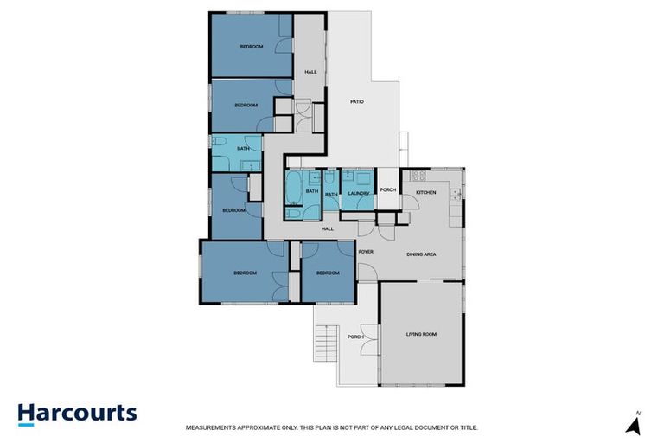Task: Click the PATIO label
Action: pos(356,102)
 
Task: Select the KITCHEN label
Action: pos(426,191)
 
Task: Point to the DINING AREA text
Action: pos(421,254)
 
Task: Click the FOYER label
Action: pos(366,251)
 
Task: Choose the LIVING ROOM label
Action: pos(422,333)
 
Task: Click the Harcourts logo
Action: pos(77,413)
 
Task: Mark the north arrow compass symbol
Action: pos(633,424)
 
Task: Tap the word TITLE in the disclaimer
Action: pos(467,427)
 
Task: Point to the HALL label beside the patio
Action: pos(310,72)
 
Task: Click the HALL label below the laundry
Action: pos(328,228)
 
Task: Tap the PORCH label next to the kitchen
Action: pos(387,190)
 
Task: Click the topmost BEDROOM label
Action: pos(251,47)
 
